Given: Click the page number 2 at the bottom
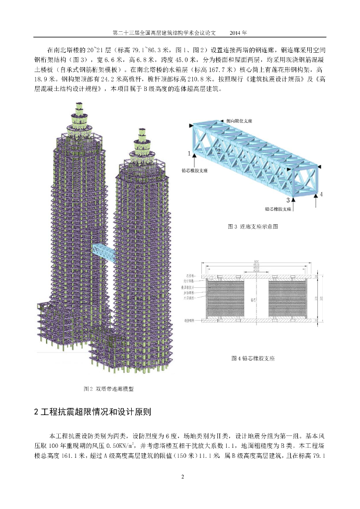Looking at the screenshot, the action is tap(182, 477).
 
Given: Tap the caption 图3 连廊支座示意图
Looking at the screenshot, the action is tap(253, 226).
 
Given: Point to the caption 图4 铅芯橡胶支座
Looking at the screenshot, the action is tap(253, 358).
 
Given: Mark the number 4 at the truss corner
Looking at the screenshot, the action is tap(321, 194).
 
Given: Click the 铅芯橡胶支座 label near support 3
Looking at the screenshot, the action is tap(278, 209).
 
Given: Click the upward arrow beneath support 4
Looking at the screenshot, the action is tap(316, 201).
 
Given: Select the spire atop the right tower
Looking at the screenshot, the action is tap(143, 142).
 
